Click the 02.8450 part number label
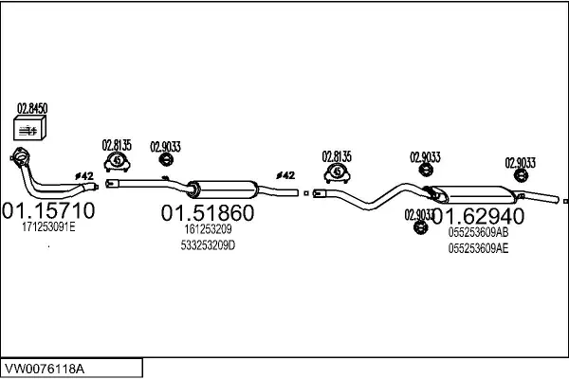pos(32,109)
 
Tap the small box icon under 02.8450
pos(30,129)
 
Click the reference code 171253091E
pos(47,227)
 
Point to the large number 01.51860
pos(207,211)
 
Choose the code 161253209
pos(208,228)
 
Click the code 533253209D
pos(209,245)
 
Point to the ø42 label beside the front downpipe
pos(84,176)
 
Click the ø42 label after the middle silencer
pos(285,176)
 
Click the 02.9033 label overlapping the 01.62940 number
pos(419,212)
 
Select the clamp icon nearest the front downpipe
pos(116,162)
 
